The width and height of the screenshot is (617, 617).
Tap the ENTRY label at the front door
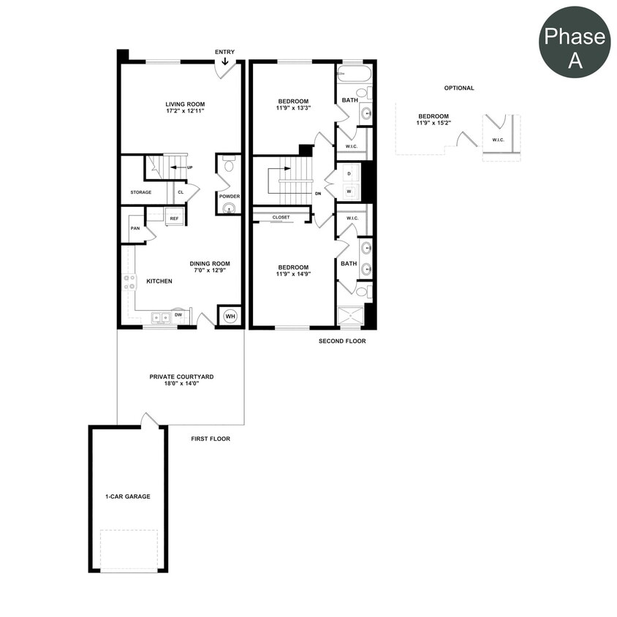tap(224, 52)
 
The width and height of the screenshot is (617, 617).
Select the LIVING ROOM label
tap(184, 104)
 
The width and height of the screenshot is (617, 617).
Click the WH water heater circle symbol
tap(230, 317)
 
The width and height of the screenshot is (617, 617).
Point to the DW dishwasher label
tap(178, 314)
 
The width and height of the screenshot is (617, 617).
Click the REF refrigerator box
tap(174, 218)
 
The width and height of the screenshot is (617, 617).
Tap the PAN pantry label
tap(135, 228)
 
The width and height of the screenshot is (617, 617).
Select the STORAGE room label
tap(141, 192)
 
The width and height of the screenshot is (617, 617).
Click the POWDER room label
tap(229, 196)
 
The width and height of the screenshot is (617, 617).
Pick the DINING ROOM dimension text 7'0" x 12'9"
tap(210, 270)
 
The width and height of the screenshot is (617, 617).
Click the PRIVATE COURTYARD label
tap(181, 376)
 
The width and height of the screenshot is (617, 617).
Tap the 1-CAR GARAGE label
tap(128, 496)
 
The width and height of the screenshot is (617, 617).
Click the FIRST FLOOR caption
tap(211, 439)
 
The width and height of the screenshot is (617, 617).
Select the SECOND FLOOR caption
tap(342, 341)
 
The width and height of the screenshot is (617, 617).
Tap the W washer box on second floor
tap(349, 192)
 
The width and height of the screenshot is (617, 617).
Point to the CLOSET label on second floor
tap(281, 217)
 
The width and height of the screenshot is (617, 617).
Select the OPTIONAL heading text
tap(459, 88)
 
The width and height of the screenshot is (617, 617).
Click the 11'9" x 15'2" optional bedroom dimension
tap(434, 123)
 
